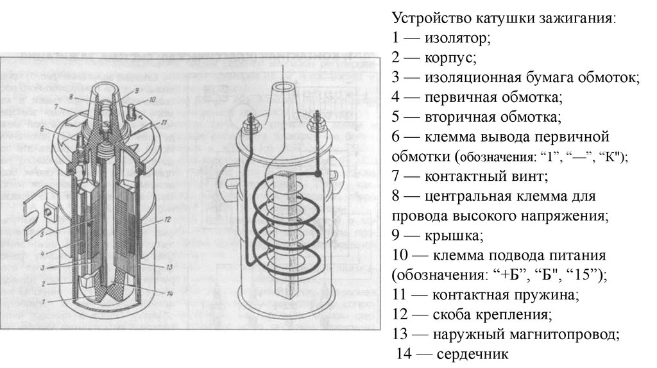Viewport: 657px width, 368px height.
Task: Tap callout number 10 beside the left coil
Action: click(x=151, y=100)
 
